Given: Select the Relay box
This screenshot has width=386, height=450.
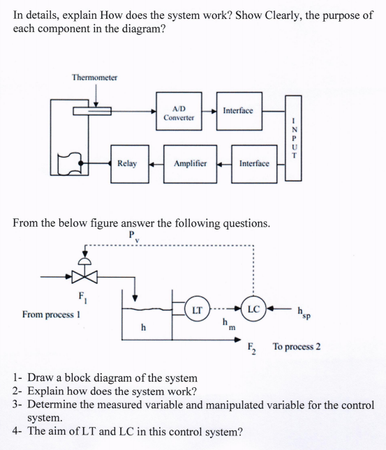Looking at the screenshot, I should click(x=127, y=163).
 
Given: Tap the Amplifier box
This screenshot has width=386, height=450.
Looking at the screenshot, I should click(x=191, y=163).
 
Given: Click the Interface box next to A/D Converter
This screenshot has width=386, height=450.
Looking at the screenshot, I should click(x=238, y=110).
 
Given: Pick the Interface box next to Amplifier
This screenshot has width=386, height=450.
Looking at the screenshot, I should click(x=254, y=163).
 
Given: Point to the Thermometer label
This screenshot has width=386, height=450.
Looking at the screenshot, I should click(x=94, y=77).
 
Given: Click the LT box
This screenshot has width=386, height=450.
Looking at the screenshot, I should click(x=198, y=309).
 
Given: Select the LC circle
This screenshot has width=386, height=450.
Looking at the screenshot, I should click(x=253, y=309).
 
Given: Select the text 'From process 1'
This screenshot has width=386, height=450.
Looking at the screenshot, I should click(x=52, y=314).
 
